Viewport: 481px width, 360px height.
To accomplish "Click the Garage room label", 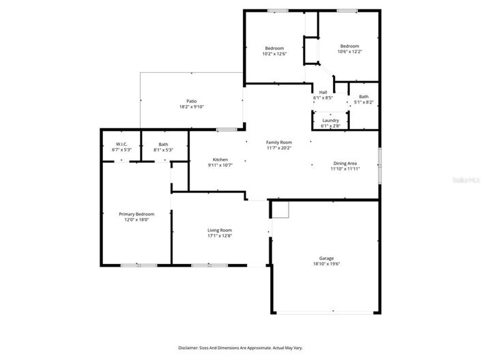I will (x=326, y=258).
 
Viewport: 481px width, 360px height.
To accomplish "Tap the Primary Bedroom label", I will (x=136, y=213).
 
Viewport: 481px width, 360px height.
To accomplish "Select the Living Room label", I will (x=220, y=230).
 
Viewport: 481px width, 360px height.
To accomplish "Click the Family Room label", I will (x=278, y=142).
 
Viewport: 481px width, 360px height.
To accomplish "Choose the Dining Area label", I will (x=345, y=163).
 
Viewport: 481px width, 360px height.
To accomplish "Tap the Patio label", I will (x=192, y=101).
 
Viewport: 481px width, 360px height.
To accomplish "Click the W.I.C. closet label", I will (x=121, y=144).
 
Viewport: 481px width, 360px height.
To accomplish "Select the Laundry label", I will (x=330, y=120).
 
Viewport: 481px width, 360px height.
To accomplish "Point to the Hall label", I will (x=323, y=93).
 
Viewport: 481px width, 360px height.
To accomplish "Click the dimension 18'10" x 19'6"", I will (x=326, y=265).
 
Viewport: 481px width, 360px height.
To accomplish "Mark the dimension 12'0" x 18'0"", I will (x=136, y=220).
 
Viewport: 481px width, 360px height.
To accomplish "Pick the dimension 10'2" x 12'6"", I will (x=274, y=53).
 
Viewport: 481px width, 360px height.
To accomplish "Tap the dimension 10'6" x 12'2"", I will (x=349, y=51).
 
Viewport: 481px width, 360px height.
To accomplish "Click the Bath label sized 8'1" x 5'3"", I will (x=164, y=144).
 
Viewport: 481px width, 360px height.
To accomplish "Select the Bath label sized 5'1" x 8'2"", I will (x=364, y=97).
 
